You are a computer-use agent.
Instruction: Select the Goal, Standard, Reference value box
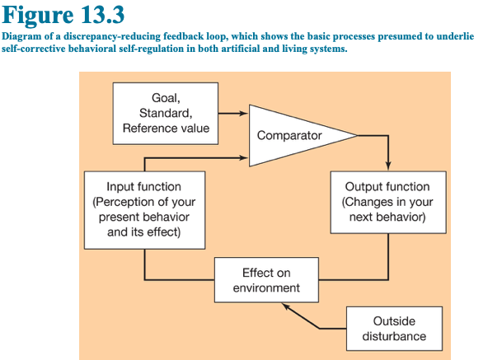pyautogui.click(x=166, y=113)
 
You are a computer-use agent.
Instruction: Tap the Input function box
pyautogui.click(x=145, y=210)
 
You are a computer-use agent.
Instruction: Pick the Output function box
pyautogui.click(x=388, y=203)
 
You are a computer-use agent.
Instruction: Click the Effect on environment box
pyautogui.click(x=266, y=280)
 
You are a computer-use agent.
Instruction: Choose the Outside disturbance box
pyautogui.click(x=394, y=329)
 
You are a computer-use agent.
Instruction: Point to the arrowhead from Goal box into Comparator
pyautogui.click(x=244, y=113)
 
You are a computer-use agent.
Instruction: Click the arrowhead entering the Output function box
pyautogui.click(x=388, y=166)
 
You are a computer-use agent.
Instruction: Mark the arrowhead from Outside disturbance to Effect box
pyautogui.click(x=286, y=306)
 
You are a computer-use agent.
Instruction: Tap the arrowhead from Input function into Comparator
pyautogui.click(x=244, y=158)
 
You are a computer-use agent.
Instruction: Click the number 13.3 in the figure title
pyautogui.click(x=103, y=15)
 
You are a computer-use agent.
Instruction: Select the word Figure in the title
pyautogui.click(x=38, y=16)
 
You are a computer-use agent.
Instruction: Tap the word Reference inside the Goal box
pyautogui.click(x=147, y=129)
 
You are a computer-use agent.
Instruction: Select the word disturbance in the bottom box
pyautogui.click(x=394, y=336)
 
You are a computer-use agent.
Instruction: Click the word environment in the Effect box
pyautogui.click(x=266, y=288)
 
